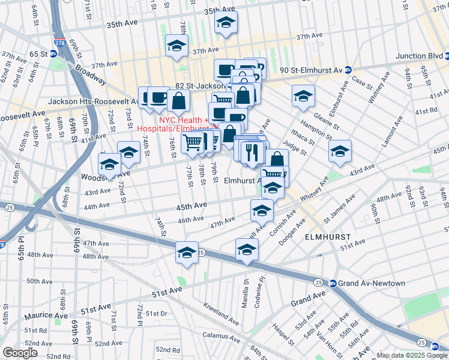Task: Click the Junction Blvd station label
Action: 419,56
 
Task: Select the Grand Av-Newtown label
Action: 363,283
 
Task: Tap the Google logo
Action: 20,353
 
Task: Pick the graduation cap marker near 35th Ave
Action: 226,23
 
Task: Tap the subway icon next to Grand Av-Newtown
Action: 332,283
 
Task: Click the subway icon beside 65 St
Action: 53,53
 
